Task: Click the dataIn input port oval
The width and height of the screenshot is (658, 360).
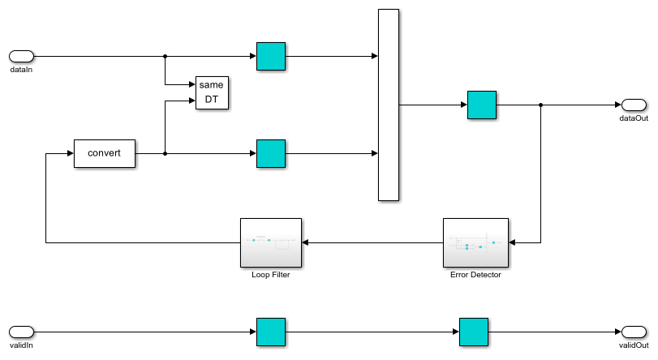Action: (x=21, y=56)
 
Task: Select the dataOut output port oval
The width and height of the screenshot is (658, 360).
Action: (x=634, y=105)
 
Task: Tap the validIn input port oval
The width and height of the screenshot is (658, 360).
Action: (x=21, y=331)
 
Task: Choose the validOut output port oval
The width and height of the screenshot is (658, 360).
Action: (x=634, y=331)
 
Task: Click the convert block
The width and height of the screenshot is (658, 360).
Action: (x=104, y=153)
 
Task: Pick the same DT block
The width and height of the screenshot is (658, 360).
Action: (x=212, y=92)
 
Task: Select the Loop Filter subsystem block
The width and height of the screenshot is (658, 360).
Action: (x=271, y=242)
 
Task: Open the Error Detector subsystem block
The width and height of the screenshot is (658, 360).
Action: (x=475, y=242)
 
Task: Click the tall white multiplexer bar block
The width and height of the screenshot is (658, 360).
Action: (x=389, y=105)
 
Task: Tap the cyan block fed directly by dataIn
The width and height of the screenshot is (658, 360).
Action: (x=271, y=56)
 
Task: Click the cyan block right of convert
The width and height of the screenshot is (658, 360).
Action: (x=271, y=153)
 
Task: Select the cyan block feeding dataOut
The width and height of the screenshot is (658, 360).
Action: (x=482, y=105)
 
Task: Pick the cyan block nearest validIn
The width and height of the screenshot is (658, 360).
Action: (x=271, y=331)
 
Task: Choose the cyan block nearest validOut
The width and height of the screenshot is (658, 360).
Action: (x=474, y=331)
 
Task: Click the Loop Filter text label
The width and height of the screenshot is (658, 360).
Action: (x=271, y=275)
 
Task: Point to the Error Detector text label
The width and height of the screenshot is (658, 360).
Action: (x=475, y=275)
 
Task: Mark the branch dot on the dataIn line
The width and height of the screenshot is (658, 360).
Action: (x=166, y=56)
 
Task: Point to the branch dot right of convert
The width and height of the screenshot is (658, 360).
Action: (x=166, y=153)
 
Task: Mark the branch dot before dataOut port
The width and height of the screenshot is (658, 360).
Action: (x=541, y=105)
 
